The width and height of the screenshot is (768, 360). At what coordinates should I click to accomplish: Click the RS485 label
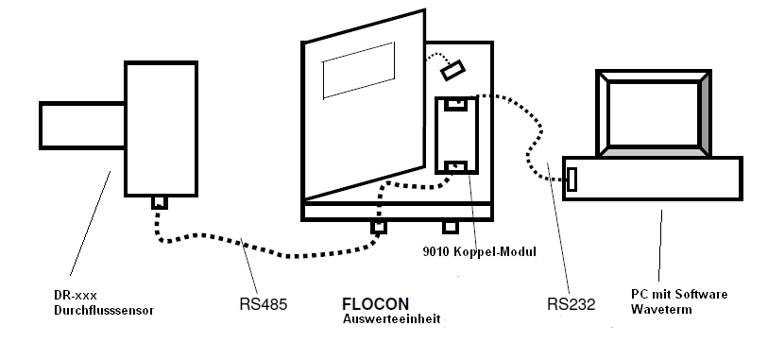click(x=263, y=304)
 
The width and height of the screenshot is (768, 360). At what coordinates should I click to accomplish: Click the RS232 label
click(x=571, y=304)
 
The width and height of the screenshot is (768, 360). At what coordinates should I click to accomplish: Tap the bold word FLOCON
click(x=375, y=304)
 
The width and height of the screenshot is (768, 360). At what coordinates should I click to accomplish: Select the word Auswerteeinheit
click(x=391, y=319)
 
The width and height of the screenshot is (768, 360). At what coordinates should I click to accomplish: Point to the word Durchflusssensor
click(x=104, y=311)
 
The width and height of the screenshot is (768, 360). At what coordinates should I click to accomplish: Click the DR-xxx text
click(x=76, y=296)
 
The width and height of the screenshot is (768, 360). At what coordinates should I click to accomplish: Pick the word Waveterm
click(x=661, y=310)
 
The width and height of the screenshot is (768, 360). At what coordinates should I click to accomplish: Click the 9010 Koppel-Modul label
click(x=480, y=251)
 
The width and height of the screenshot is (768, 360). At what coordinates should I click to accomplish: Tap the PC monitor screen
click(x=654, y=114)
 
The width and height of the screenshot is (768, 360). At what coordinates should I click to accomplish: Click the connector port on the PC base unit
click(x=572, y=180)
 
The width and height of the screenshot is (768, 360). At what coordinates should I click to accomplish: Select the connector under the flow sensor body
click(x=160, y=202)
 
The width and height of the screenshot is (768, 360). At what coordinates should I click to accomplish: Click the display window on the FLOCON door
click(x=359, y=71)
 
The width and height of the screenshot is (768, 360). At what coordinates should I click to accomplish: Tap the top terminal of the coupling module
click(x=456, y=103)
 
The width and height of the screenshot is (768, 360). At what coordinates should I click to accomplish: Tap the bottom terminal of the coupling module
click(x=456, y=166)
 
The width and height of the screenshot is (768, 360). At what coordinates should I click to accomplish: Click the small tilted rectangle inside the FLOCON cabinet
click(x=452, y=71)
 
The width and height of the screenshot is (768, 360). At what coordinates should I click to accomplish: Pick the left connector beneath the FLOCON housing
click(x=378, y=227)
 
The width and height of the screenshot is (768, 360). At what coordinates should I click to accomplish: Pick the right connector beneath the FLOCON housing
click(x=450, y=227)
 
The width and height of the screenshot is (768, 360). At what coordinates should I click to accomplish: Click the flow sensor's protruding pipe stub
click(x=82, y=126)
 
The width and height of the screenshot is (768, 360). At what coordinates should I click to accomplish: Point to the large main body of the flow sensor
click(x=162, y=129)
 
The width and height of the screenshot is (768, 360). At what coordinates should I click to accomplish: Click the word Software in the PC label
click(x=701, y=295)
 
